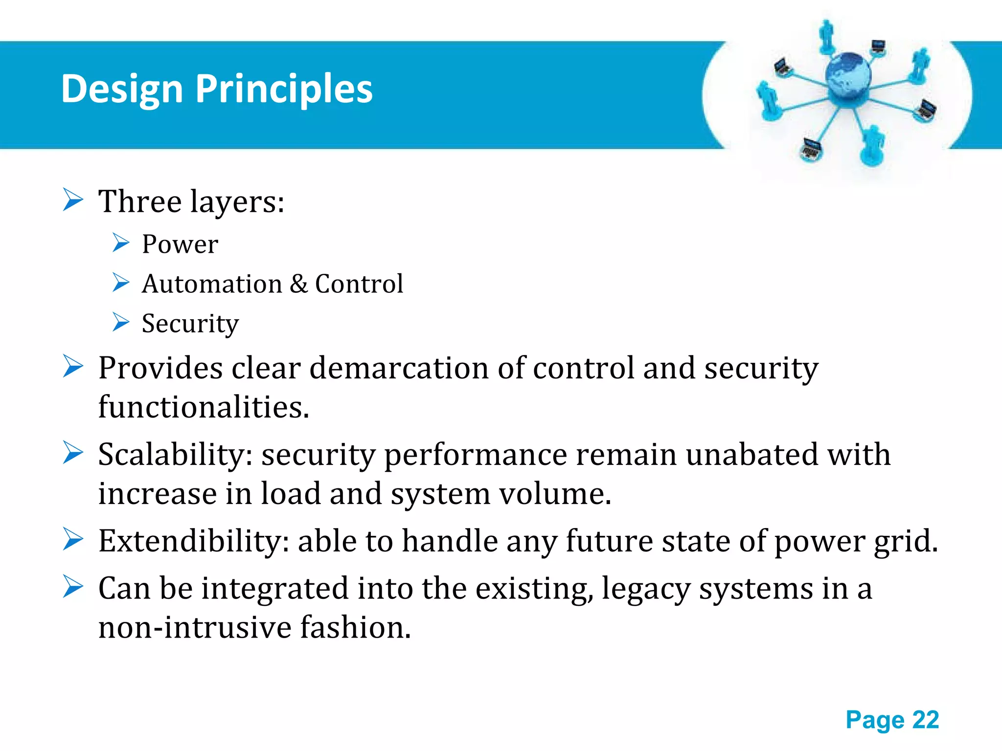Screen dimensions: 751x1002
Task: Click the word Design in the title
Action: [x=122, y=89]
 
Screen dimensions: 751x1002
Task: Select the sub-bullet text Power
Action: [x=180, y=244]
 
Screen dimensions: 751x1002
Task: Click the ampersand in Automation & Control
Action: [x=298, y=284]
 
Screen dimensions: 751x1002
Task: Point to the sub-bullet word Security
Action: [x=190, y=324]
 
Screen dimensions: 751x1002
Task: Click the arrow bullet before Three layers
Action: [x=73, y=200]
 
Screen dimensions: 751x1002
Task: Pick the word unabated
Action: [x=751, y=455]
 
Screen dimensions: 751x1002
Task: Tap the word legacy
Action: [x=645, y=589]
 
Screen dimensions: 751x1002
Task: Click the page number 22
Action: [x=925, y=720]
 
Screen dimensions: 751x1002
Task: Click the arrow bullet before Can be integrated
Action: [x=73, y=587]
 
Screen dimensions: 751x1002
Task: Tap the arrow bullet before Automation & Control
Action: [x=120, y=283]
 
